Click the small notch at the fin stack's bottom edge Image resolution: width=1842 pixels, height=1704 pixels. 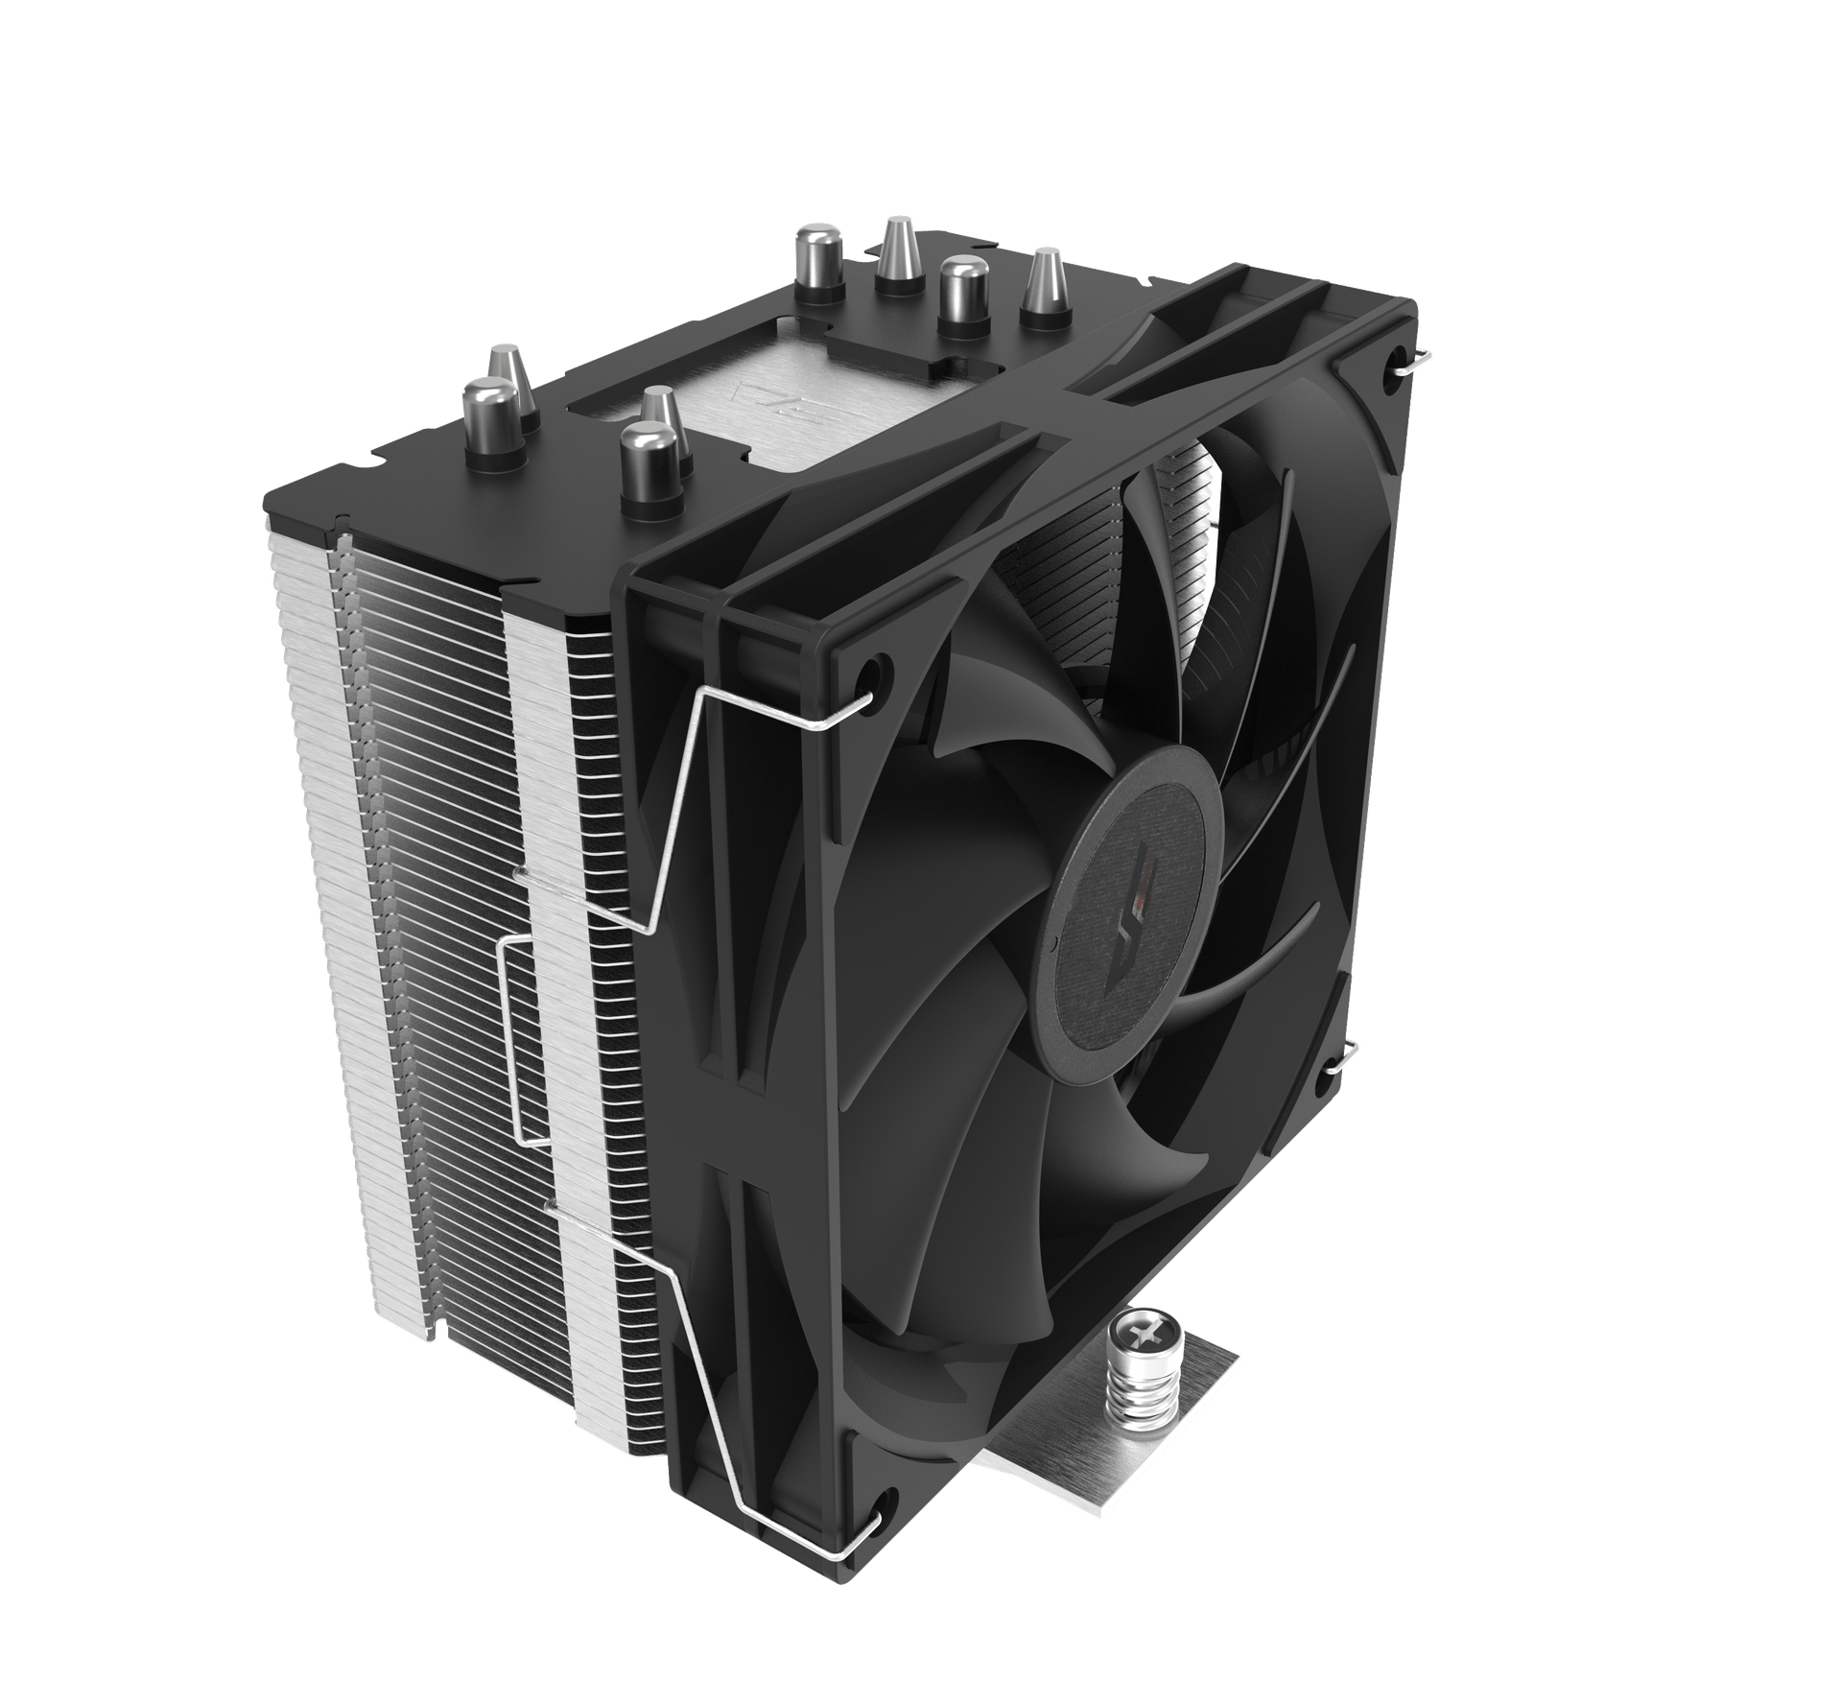pyautogui.click(x=435, y=1334)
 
